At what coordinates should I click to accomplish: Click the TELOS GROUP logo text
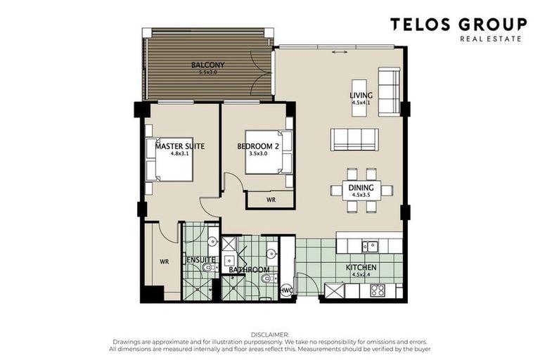point(458,25)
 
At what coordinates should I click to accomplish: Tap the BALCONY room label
point(207,65)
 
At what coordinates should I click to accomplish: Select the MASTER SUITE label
point(180,146)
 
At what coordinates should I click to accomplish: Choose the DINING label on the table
point(361,188)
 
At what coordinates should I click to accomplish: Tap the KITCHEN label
point(361,268)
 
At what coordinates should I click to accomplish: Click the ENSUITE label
point(200,260)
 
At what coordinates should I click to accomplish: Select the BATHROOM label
point(250,270)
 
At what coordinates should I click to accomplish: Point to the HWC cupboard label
point(286,289)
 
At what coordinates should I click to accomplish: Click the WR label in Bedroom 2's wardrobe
point(271,200)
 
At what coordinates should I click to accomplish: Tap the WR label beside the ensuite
point(164,261)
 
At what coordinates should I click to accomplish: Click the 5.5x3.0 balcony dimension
point(209,72)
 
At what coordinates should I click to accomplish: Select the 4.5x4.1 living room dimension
point(361,103)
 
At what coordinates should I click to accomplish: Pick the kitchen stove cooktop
point(376,289)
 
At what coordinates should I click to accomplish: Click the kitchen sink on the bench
point(369,245)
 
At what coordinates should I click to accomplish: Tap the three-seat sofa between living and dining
point(355,139)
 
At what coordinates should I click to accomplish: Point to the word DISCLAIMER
point(269,335)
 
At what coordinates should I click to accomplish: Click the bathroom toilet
point(264,281)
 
